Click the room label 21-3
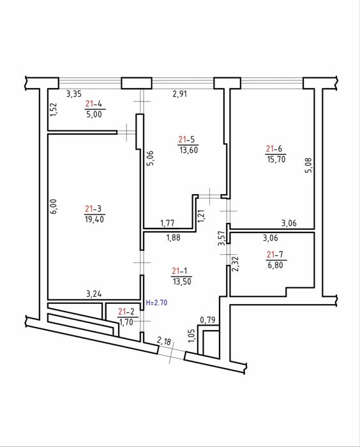tap(93, 209)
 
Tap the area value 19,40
tap(94, 219)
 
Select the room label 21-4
tap(94, 103)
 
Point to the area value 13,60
tap(189, 149)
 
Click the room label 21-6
tap(274, 149)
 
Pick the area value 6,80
tap(275, 265)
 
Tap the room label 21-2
tap(126, 312)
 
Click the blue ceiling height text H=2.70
tap(156, 303)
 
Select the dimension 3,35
tap(74, 94)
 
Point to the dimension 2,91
tap(180, 94)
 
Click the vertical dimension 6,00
tap(54, 206)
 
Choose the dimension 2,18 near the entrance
tap(164, 340)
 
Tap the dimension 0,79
tap(207, 320)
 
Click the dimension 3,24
tap(94, 294)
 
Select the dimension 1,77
tap(167, 223)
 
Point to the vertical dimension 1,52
tap(54, 109)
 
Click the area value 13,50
tap(182, 282)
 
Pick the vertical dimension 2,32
tap(235, 264)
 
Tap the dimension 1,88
tap(174, 238)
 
